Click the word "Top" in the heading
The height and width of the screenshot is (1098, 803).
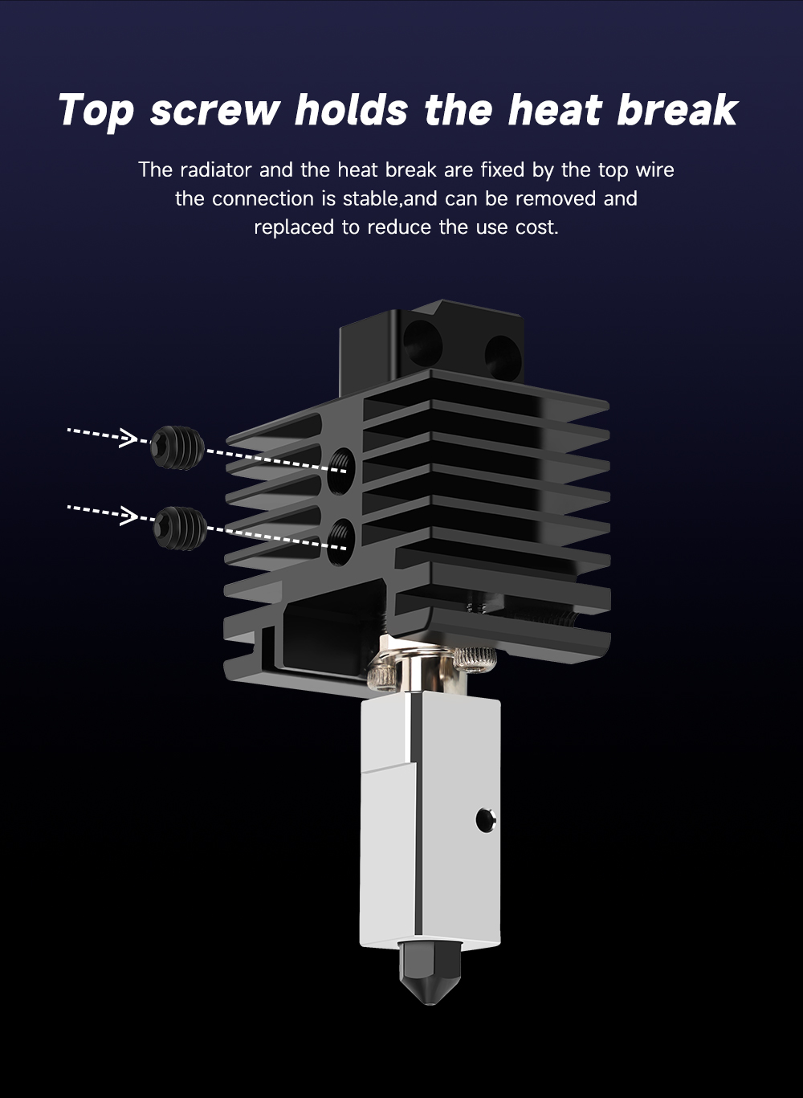pos(96,111)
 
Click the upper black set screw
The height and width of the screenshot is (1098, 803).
pos(177,447)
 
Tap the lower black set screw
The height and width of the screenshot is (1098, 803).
pos(180,528)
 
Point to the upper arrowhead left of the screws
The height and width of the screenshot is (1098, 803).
pos(129,437)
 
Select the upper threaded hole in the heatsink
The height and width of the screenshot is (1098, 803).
pos(341,471)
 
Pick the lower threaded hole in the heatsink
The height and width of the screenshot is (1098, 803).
pos(341,542)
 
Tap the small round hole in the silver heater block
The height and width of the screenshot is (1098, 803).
pos(486,820)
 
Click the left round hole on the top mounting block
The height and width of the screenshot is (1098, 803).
pos(423,344)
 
